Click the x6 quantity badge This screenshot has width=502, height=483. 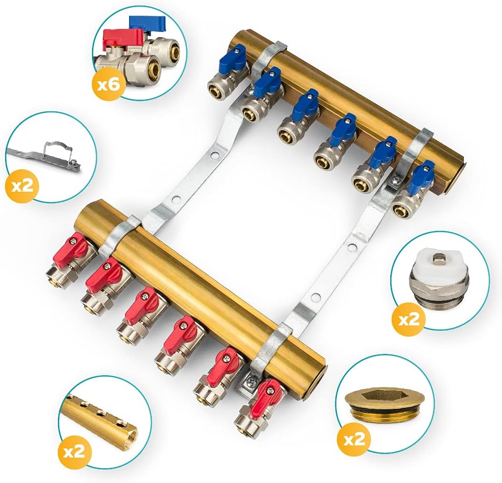click(x=109, y=84)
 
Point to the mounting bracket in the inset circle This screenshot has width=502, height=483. click(x=43, y=155)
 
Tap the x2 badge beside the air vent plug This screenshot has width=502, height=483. click(x=409, y=319)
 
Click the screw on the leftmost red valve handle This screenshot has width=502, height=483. click(x=75, y=238)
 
